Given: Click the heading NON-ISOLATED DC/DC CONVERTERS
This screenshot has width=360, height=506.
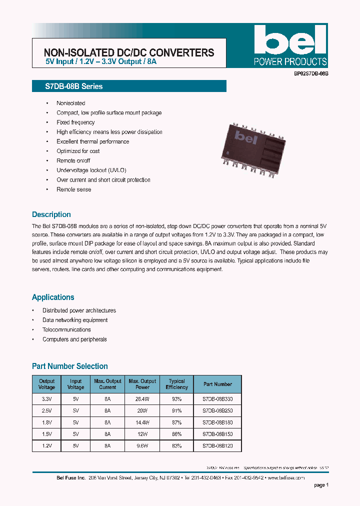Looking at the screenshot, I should coord(129,52).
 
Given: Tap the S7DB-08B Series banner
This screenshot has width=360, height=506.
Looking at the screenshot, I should coord(129,86).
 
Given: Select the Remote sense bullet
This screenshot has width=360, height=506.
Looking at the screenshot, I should coord(73,189).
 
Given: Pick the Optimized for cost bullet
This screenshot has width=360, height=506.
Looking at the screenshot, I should coord(78,151).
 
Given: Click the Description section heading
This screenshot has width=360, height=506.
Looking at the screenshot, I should coord(51,214).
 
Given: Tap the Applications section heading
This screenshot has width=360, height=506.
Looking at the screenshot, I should coord(53,297).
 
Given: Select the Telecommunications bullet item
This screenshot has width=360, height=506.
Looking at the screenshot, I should coord(66,329).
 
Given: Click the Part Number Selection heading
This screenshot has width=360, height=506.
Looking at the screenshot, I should coord(70,366).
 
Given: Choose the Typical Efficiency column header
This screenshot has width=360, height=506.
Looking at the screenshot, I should coord(176,384).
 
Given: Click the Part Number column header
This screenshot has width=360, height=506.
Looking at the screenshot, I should coord(217,384).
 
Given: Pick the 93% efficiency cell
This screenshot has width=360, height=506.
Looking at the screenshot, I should coord(176,398).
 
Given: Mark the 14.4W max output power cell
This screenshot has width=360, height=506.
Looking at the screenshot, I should coord(142,422).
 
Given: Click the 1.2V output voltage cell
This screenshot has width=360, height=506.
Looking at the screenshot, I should coord(46,445).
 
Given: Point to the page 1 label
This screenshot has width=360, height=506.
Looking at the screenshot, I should coord(321,485).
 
